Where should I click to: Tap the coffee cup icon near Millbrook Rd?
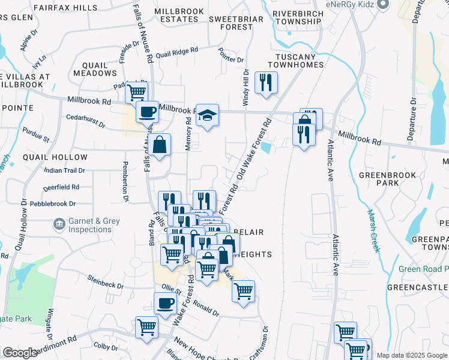(147, 110)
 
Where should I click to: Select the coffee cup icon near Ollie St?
(165, 302)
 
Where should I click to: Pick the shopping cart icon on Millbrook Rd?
(136, 92)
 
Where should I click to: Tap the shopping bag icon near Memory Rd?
(159, 144)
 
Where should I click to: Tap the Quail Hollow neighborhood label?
(55, 157)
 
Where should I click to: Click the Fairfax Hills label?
(65, 8)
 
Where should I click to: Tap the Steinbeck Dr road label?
(105, 281)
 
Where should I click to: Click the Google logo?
(20, 353)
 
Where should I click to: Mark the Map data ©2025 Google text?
(411, 355)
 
